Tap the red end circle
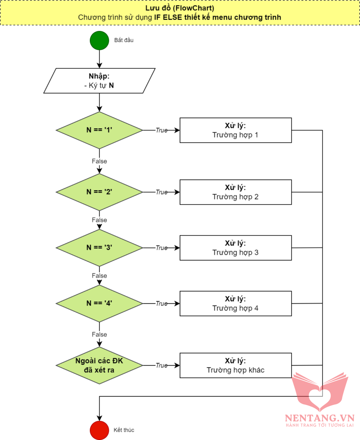[99, 429]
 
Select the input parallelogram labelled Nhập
[99, 81]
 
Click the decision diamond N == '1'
[99, 130]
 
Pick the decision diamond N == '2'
[99, 192]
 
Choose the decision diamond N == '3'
[99, 247]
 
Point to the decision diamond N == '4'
[99, 303]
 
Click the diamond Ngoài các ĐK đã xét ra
[99, 365]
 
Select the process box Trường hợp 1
[235, 130]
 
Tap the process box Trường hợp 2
[235, 192]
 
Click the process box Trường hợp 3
[235, 247]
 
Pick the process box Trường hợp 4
[235, 303]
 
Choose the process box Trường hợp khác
[235, 365]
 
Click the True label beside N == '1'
[161, 130]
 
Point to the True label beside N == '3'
[161, 247]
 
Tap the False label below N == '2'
[99, 220]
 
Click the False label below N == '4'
[99, 334]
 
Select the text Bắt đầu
[124, 40]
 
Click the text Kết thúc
[124, 429]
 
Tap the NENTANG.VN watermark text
[319, 418]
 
